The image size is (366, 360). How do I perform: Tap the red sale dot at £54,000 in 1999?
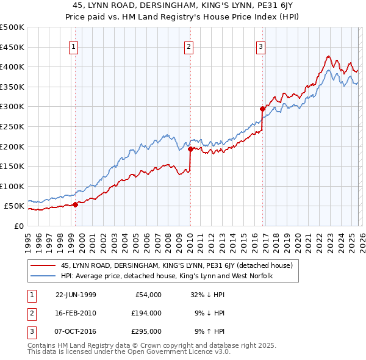click(x=76, y=204)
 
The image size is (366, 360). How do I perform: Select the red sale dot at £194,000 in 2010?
click(x=190, y=148)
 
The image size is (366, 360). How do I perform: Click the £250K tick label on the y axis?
click(x=12, y=126)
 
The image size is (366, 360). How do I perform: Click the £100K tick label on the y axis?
click(x=12, y=186)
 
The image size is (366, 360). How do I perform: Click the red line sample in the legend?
click(x=43, y=265)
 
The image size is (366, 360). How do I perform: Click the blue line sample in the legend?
click(x=43, y=276)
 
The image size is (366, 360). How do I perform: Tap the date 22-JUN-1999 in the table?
click(x=76, y=295)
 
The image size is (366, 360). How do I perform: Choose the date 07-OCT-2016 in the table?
click(x=76, y=332)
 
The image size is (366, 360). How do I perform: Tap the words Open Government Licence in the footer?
click(x=167, y=352)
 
